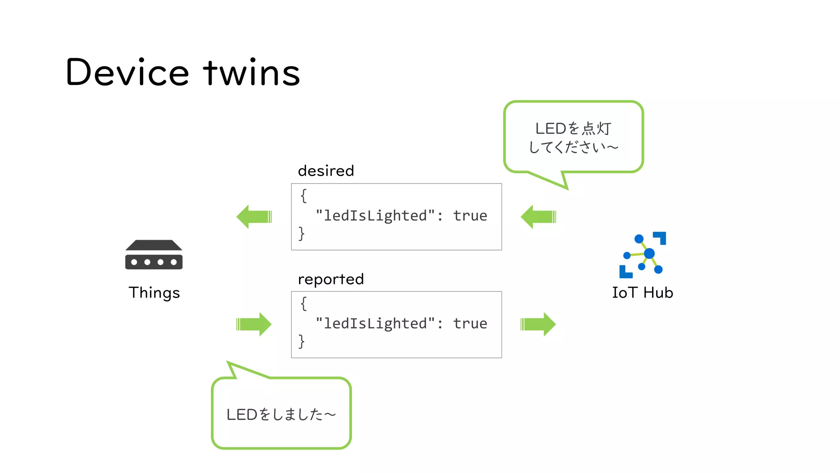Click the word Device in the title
pos(127,72)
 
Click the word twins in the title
pos(252,72)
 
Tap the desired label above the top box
pos(326,170)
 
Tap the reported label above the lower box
pos(331,279)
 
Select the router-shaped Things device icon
pos(154,255)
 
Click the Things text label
pos(154,293)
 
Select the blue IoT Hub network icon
pos(643,255)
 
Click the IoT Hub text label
pos(642,293)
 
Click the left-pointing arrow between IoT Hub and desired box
pos(538,216)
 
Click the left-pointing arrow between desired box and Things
pos(254,216)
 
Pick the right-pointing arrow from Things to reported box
pos(254,324)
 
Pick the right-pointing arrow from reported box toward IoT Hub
pos(538,324)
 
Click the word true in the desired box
pos(470,216)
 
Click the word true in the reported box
pos(470,324)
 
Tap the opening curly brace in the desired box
pos(304,195)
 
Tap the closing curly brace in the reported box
pos(301,341)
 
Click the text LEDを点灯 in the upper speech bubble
pos(573,129)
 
